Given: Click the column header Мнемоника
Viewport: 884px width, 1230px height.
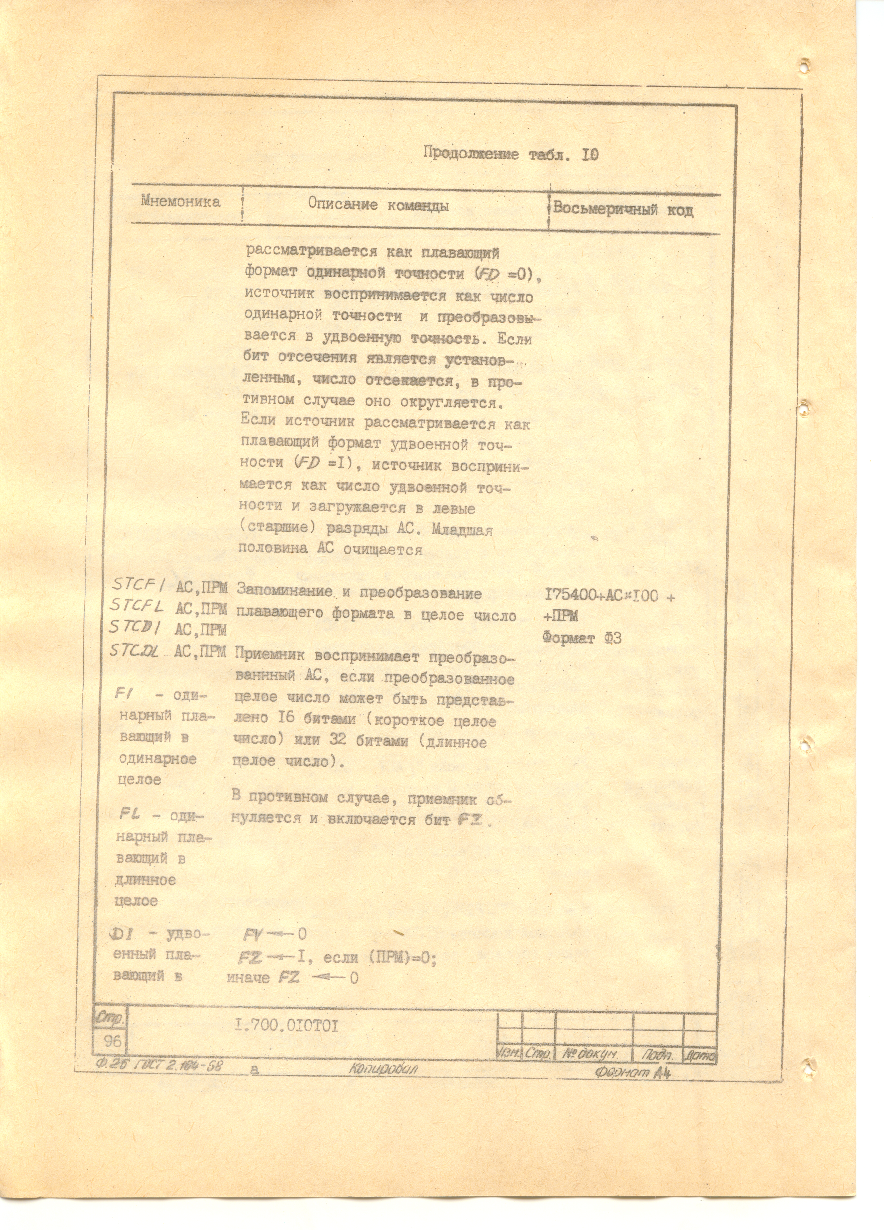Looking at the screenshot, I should coord(181,202).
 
